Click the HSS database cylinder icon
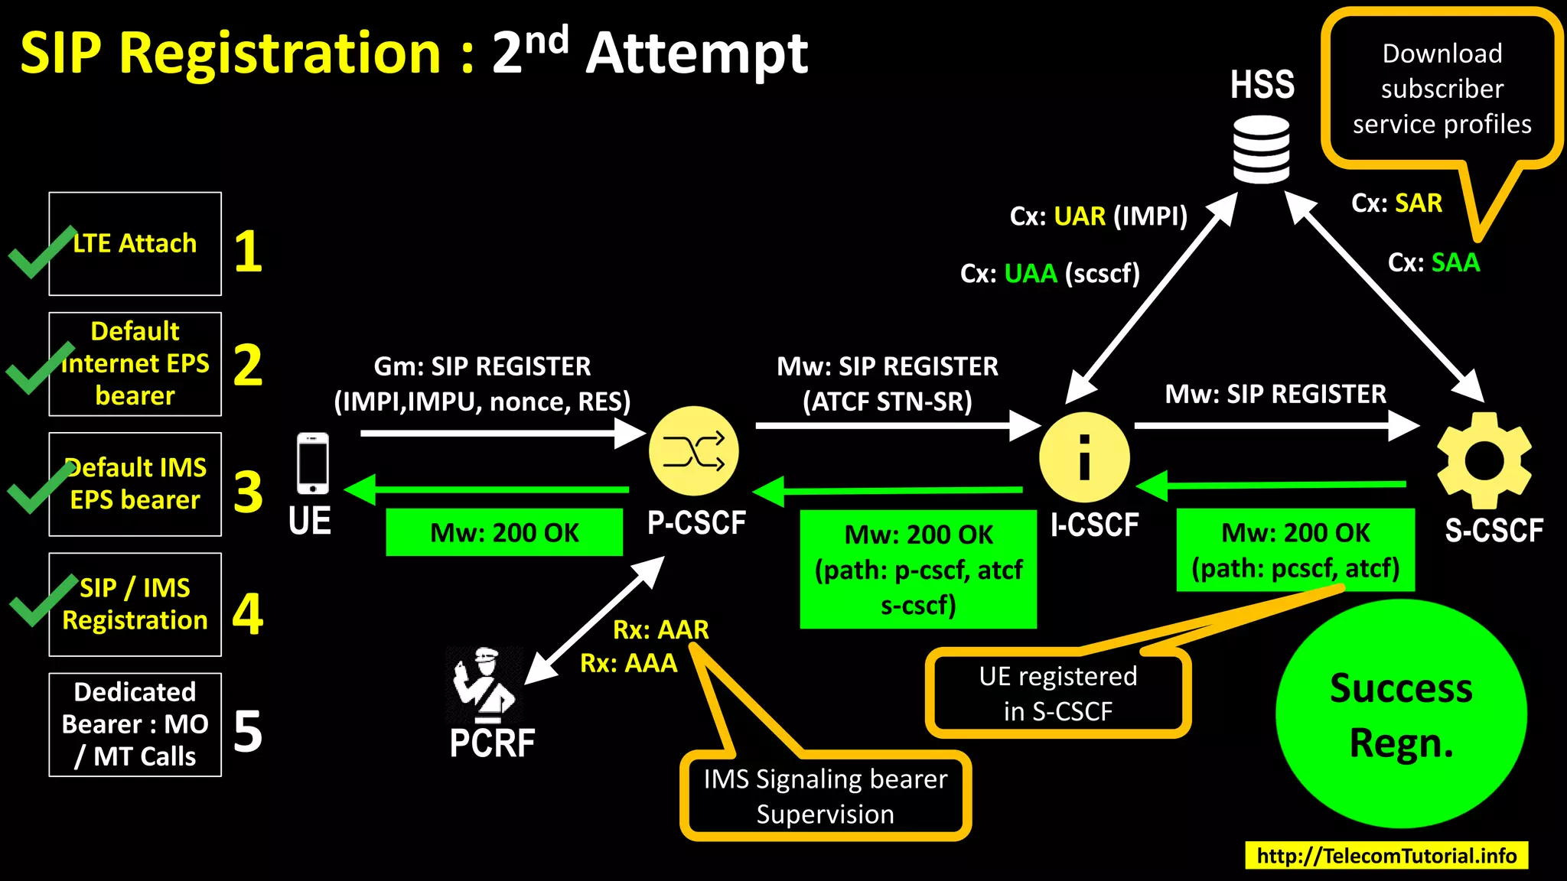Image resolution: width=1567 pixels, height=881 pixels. point(1261,149)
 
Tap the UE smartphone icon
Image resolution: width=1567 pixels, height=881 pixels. point(313,463)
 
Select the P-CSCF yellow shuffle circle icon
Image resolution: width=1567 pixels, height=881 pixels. point(693,451)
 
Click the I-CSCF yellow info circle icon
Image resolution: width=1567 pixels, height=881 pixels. point(1084,457)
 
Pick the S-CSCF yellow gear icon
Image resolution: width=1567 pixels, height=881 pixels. point(1484,460)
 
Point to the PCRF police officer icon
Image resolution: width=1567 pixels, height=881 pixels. point(484,685)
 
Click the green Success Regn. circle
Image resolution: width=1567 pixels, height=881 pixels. point(1401,714)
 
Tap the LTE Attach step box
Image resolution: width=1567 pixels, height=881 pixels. point(135,244)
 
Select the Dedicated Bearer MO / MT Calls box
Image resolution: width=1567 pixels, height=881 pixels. point(135,724)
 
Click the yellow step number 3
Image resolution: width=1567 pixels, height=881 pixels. point(248,493)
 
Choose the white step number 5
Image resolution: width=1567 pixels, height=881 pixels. point(248,732)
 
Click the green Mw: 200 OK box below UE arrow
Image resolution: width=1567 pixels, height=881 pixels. point(504,532)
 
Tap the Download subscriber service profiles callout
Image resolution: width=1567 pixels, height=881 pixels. point(1442,89)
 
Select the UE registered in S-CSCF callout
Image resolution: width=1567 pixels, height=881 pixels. point(1057,694)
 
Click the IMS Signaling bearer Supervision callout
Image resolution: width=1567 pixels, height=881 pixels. point(825,796)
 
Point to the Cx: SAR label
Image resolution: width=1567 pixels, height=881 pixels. point(1396,203)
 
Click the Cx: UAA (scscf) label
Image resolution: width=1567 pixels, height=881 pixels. point(1050,274)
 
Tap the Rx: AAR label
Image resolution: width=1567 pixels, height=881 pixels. point(660,629)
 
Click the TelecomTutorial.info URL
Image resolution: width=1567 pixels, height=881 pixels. point(1386,856)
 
